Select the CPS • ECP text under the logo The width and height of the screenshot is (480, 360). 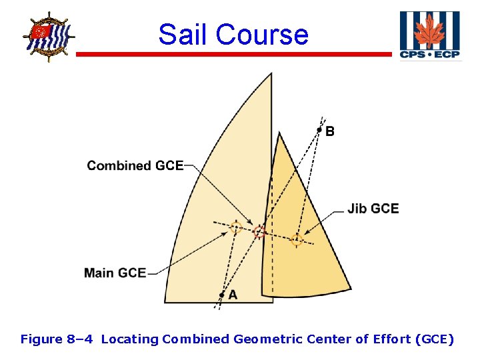(x=429, y=55)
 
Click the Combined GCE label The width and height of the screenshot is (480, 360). (x=135, y=165)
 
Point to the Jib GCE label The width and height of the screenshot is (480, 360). (x=373, y=209)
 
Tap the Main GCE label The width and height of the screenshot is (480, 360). (x=115, y=273)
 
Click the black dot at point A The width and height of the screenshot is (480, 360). (x=221, y=295)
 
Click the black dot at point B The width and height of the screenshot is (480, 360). (x=319, y=129)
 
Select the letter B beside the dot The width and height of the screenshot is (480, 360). (x=330, y=131)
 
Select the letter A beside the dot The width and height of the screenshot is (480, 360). (x=232, y=295)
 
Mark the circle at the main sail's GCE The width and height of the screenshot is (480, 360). (x=235, y=227)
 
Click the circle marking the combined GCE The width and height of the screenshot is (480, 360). (x=259, y=232)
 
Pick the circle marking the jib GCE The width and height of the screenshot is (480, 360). (x=297, y=240)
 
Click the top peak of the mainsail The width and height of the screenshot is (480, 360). (x=271, y=74)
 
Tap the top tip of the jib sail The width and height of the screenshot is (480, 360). (x=279, y=133)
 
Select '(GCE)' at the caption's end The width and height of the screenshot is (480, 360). (x=434, y=339)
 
